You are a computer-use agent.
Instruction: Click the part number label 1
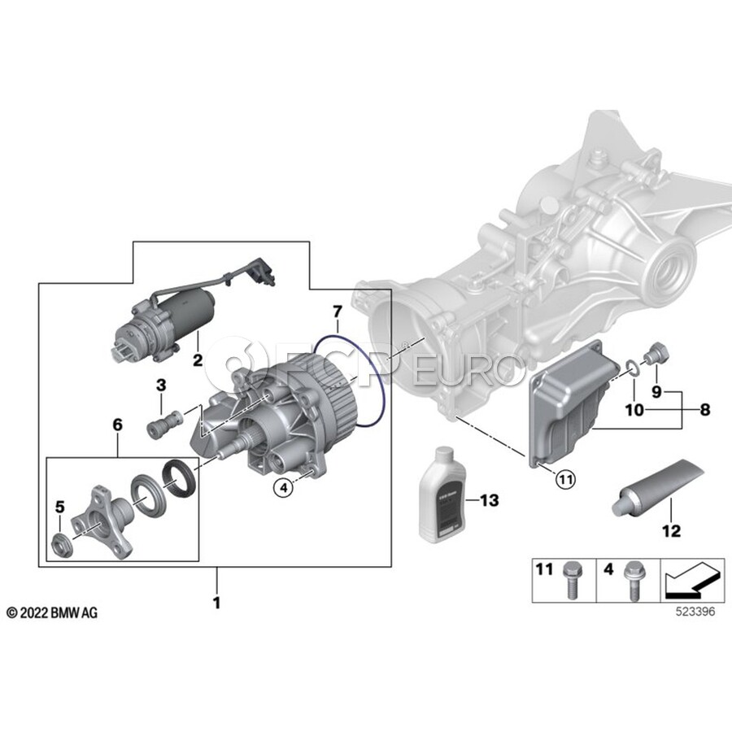tap(216, 604)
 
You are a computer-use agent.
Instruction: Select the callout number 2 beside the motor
tap(196, 359)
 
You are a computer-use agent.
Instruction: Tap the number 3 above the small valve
tap(161, 384)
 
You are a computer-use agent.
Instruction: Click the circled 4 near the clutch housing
tap(283, 487)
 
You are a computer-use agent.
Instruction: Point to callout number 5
tap(59, 508)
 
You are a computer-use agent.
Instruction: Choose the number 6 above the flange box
tap(117, 424)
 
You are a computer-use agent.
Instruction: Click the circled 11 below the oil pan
tap(564, 479)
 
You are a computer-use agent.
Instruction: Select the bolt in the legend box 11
tap(569, 581)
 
